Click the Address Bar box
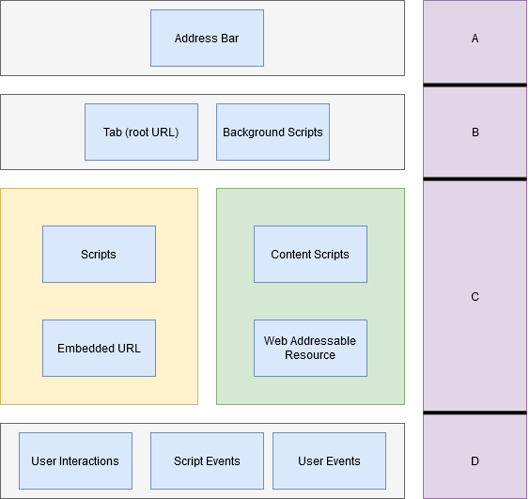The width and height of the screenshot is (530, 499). pyautogui.click(x=207, y=39)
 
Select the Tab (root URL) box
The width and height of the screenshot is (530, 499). pyautogui.click(x=141, y=133)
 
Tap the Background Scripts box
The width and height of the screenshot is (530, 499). pyautogui.click(x=273, y=133)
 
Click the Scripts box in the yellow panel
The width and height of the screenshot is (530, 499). pyautogui.click(x=99, y=255)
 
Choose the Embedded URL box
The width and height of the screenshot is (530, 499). pyautogui.click(x=99, y=349)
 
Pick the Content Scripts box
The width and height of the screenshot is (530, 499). pyautogui.click(x=310, y=255)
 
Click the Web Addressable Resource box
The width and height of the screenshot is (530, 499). pyautogui.click(x=310, y=349)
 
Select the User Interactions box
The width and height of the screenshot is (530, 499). pyautogui.click(x=75, y=461)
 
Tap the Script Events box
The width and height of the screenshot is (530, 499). pyautogui.click(x=207, y=461)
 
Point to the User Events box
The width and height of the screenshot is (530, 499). pyautogui.click(x=329, y=461)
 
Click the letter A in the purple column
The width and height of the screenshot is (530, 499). pyautogui.click(x=475, y=39)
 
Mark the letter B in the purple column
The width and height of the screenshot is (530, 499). pyautogui.click(x=475, y=133)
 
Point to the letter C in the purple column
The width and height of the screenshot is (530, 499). pyautogui.click(x=475, y=297)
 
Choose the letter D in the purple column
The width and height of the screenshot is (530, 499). pyautogui.click(x=475, y=461)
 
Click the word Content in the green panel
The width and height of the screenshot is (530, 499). pyautogui.click(x=291, y=255)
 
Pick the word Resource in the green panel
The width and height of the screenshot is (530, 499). pyautogui.click(x=310, y=355)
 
